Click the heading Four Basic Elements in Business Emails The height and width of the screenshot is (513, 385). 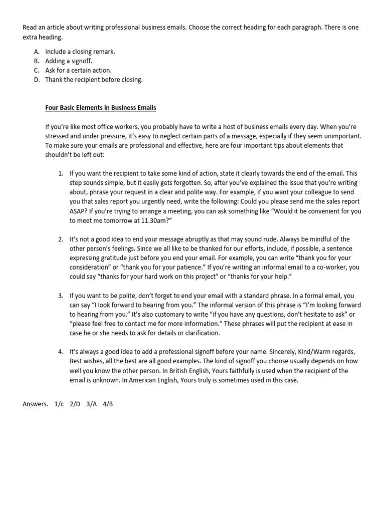(x=101, y=107)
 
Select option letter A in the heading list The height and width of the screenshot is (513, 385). (x=37, y=52)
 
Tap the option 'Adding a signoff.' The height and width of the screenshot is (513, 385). (x=69, y=61)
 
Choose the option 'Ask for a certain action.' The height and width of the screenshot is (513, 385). (x=78, y=70)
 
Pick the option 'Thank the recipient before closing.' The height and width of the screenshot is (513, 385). (x=94, y=80)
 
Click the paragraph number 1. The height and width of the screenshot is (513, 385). (x=61, y=173)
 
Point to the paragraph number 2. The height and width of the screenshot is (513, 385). (x=61, y=239)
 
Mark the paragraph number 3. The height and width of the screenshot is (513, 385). (x=61, y=296)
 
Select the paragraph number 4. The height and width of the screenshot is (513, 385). (x=61, y=353)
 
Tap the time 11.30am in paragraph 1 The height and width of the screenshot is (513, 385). (x=133, y=220)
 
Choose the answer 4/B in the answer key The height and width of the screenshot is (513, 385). (x=107, y=404)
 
